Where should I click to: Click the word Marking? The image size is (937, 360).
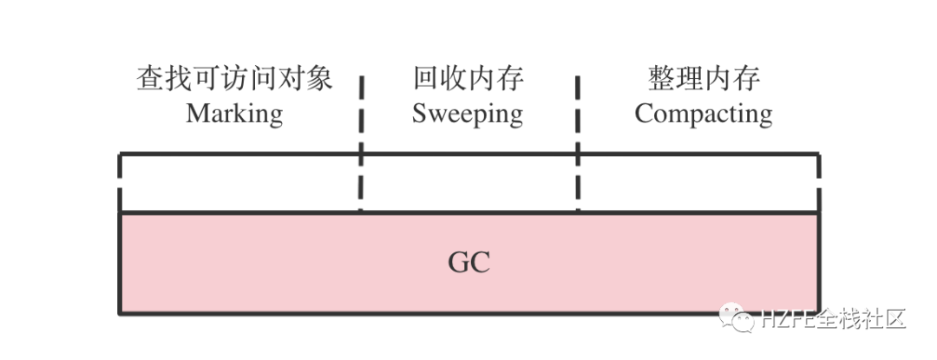234,114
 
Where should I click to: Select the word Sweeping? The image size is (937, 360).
468,114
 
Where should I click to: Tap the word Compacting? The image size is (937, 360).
703,114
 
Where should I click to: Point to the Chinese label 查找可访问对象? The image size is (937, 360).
234,80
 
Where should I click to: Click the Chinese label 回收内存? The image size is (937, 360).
468,80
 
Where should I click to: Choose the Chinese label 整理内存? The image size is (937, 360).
703,80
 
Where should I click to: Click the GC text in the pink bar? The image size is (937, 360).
468,262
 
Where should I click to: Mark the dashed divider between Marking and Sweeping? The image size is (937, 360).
362,143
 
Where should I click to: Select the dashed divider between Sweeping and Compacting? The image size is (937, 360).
577,143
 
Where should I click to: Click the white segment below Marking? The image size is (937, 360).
240,183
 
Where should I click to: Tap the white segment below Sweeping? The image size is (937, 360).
469,183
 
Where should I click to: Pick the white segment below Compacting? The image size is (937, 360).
698,183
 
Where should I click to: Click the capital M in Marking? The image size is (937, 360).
197,114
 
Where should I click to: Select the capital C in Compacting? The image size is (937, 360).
644,114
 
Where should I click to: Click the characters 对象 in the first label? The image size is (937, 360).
305,80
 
